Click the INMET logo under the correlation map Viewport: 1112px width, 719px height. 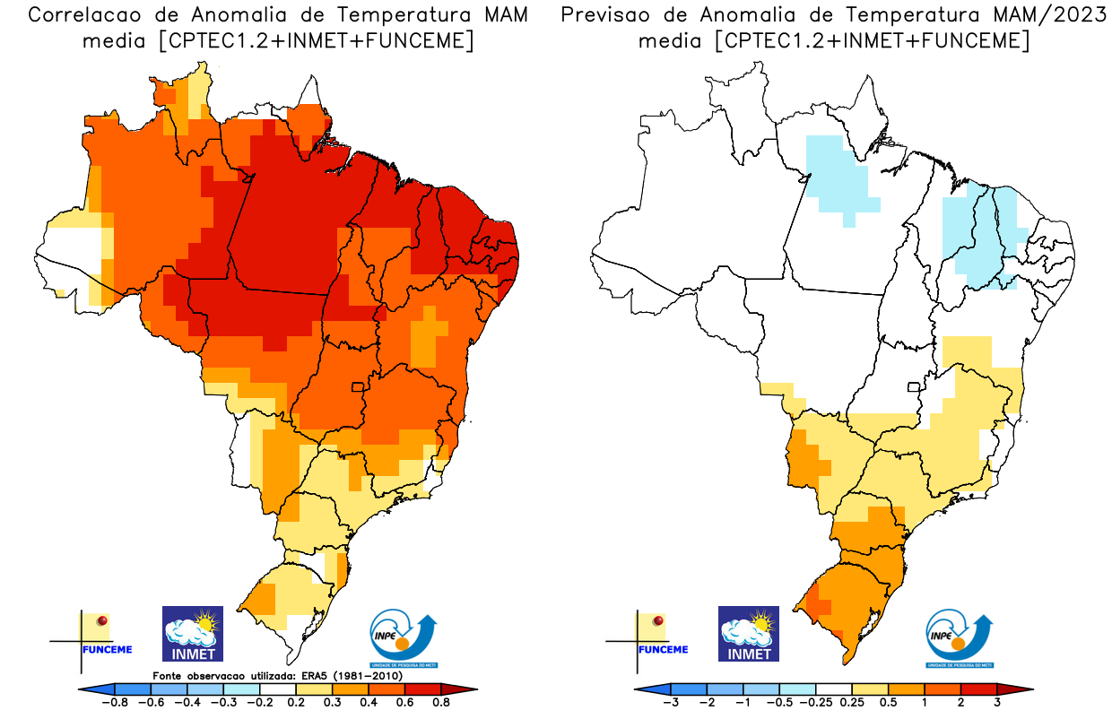pos(192,634)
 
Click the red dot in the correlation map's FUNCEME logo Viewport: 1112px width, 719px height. pos(102,620)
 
